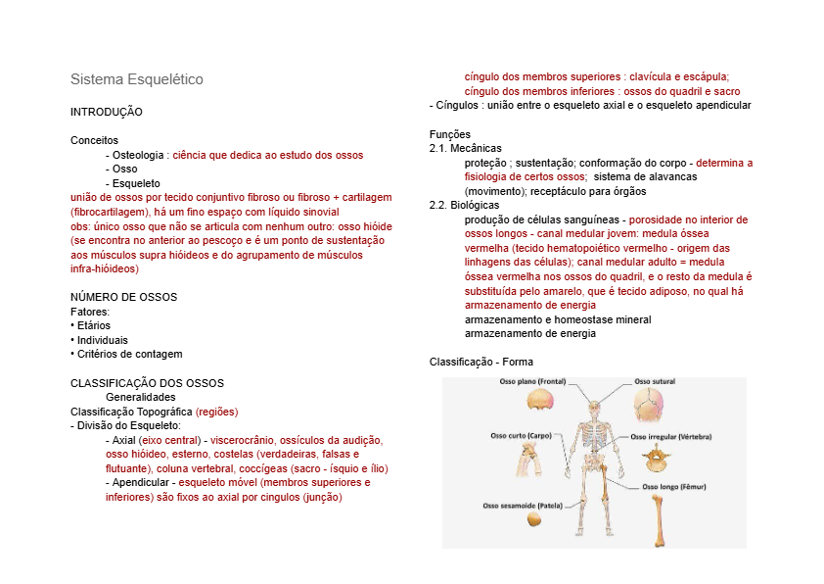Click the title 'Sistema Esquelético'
(137, 78)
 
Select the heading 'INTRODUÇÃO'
(107, 113)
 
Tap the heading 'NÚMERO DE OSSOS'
(123, 297)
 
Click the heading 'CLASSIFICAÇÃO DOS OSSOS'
(147, 382)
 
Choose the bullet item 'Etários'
(93, 325)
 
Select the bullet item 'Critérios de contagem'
(129, 354)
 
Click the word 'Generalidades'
(141, 397)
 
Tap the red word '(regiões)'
(217, 412)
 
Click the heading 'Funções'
(450, 134)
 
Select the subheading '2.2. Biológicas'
(465, 206)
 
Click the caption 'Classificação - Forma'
(481, 362)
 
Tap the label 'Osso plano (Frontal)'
(533, 381)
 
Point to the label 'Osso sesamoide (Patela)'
(523, 506)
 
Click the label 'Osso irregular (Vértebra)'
(672, 436)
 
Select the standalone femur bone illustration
(662, 519)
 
